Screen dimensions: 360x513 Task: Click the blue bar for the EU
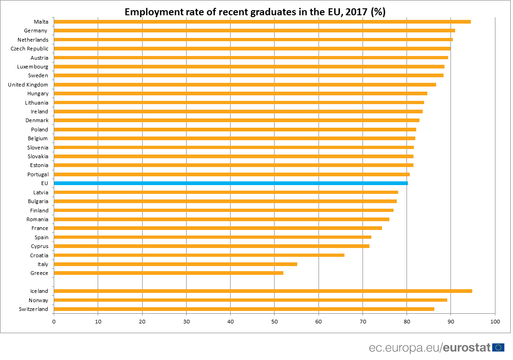click(x=231, y=183)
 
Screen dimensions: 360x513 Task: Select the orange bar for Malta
click(x=262, y=22)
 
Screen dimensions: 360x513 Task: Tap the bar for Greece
click(x=169, y=273)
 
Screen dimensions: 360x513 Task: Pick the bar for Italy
click(x=175, y=264)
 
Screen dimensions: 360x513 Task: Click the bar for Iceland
click(x=263, y=291)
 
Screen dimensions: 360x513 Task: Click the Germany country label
click(x=36, y=31)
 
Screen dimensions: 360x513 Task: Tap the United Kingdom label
click(x=28, y=85)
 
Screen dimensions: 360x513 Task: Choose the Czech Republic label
click(x=29, y=49)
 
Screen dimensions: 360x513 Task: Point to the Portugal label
click(x=38, y=174)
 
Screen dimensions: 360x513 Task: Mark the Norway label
click(x=38, y=300)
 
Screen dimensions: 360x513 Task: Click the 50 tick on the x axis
click(x=275, y=321)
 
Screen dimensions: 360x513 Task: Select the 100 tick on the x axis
click(x=495, y=321)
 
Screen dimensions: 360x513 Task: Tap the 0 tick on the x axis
click(x=54, y=321)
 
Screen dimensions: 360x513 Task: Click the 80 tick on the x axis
click(x=407, y=321)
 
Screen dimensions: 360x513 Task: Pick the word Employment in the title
click(x=151, y=12)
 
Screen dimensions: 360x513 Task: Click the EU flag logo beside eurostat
click(x=498, y=348)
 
